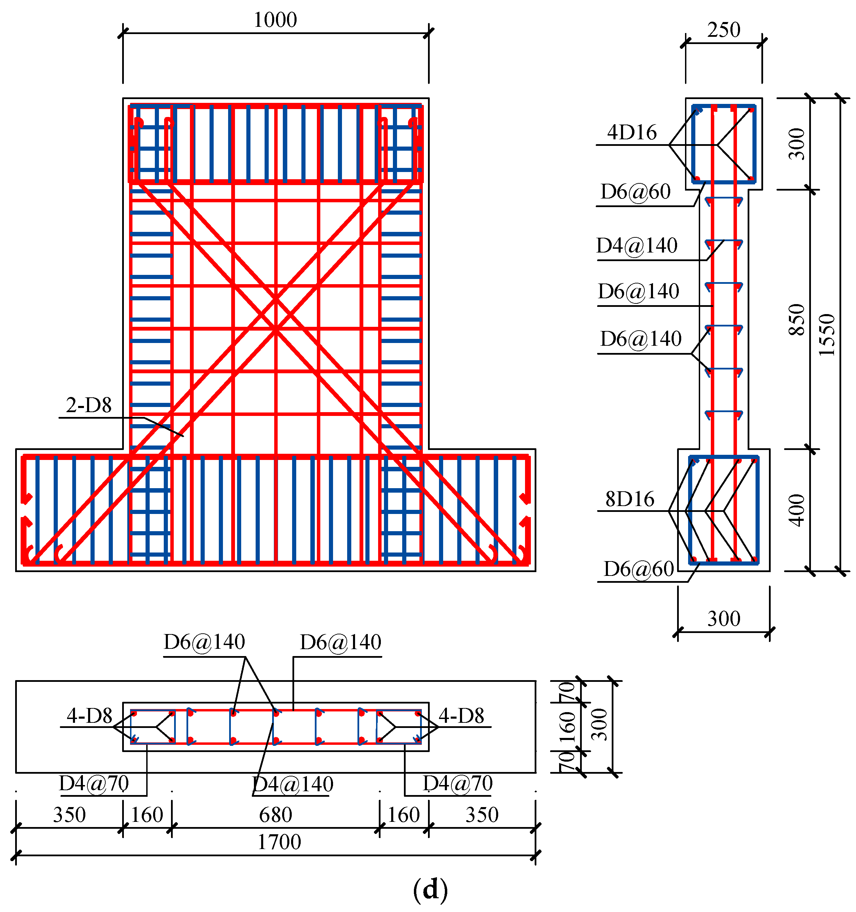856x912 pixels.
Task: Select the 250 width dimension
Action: pyautogui.click(x=724, y=30)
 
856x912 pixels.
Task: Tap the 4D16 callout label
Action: pyautogui.click(x=632, y=132)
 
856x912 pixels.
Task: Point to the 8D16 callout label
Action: pyautogui.click(x=629, y=499)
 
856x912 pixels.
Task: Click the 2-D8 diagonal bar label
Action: pyautogui.click(x=88, y=405)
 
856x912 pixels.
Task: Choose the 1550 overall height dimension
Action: pyautogui.click(x=827, y=335)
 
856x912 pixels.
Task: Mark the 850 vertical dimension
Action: pyautogui.click(x=797, y=320)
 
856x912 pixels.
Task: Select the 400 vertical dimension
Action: pyautogui.click(x=797, y=510)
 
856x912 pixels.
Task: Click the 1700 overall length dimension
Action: pyautogui.click(x=279, y=842)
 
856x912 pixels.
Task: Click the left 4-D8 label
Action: pyautogui.click(x=89, y=716)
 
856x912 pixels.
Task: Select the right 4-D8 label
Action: pyautogui.click(x=461, y=716)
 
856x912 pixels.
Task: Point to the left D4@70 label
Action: pyautogui.click(x=94, y=784)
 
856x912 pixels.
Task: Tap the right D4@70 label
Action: pyautogui.click(x=457, y=784)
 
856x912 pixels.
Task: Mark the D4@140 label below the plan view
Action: pyautogui.click(x=293, y=784)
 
